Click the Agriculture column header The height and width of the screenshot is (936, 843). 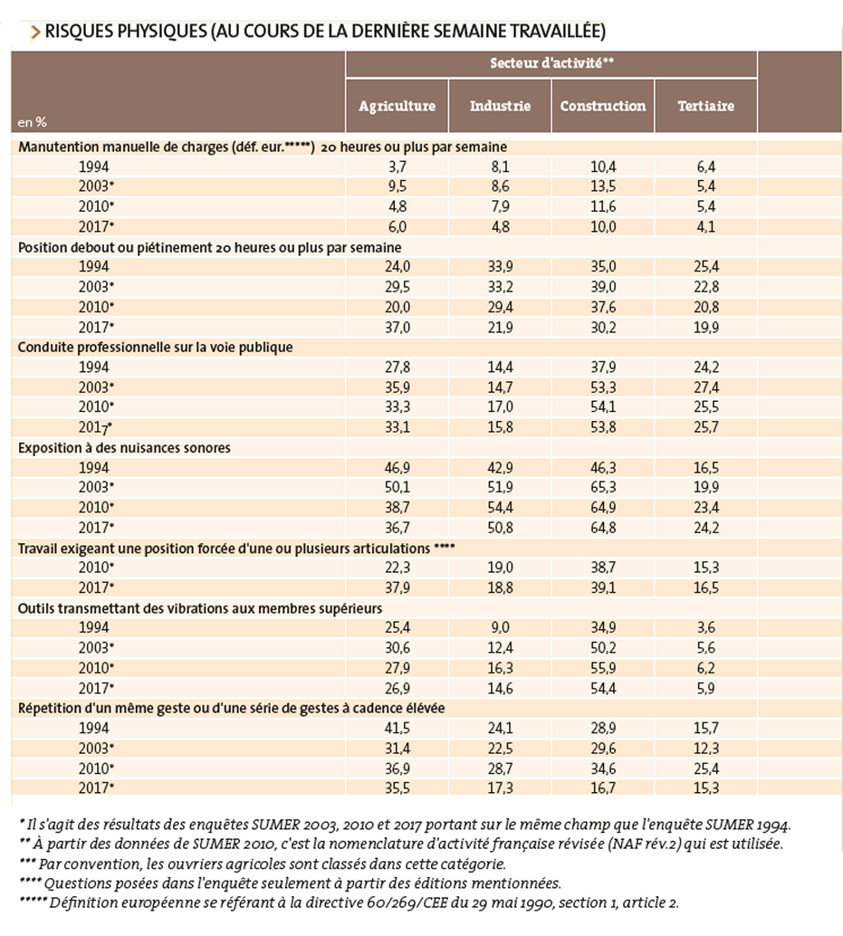coord(397,106)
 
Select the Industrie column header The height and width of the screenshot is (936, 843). coord(500,106)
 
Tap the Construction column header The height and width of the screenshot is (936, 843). coord(603,106)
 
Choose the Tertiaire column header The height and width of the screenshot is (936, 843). coord(705,106)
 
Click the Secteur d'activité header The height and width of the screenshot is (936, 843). coord(551,62)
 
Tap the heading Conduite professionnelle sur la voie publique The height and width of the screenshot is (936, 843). coord(155,348)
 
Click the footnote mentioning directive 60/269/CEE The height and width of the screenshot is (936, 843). coord(348,903)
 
